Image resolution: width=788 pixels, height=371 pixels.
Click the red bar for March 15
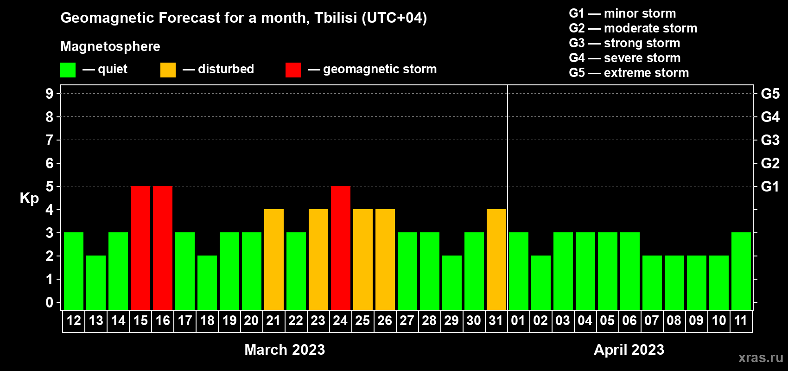[140, 248]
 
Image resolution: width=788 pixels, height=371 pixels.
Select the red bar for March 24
[341, 248]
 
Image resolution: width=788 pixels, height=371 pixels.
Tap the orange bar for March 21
[273, 259]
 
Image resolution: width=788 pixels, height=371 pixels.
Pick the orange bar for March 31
[496, 259]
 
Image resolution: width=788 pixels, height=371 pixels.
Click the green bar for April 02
[540, 282]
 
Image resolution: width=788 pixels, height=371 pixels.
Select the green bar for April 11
[741, 271]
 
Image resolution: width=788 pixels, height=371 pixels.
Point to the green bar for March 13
[96, 282]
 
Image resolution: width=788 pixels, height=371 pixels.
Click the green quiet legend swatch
[68, 70]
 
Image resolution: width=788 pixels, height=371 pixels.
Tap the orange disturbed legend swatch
[168, 70]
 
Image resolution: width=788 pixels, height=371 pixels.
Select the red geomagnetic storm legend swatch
[293, 70]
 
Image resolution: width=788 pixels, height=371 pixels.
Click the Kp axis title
[29, 198]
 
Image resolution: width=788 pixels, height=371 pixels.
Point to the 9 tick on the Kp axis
[49, 94]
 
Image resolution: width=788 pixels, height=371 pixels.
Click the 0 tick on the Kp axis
[49, 302]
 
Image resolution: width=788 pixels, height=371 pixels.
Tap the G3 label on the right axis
[770, 140]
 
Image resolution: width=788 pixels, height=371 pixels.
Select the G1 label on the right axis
[770, 186]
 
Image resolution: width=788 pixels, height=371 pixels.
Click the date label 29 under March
[451, 320]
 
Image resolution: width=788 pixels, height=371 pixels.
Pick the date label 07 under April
[652, 320]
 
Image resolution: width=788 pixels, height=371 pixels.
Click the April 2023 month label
[629, 350]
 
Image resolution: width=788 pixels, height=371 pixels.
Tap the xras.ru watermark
[761, 358]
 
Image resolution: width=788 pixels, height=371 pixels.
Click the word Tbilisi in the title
[335, 18]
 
